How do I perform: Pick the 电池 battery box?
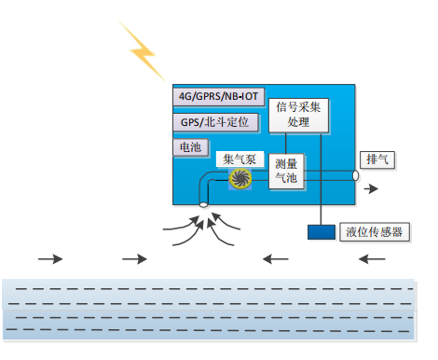[x=188, y=147]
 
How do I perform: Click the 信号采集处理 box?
[x=299, y=114]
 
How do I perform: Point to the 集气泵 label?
[x=240, y=159]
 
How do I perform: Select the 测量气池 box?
[x=286, y=171]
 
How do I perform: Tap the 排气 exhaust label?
[x=378, y=159]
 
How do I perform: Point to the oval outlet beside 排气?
[x=356, y=174]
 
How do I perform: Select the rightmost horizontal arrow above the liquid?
[x=371, y=258]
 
